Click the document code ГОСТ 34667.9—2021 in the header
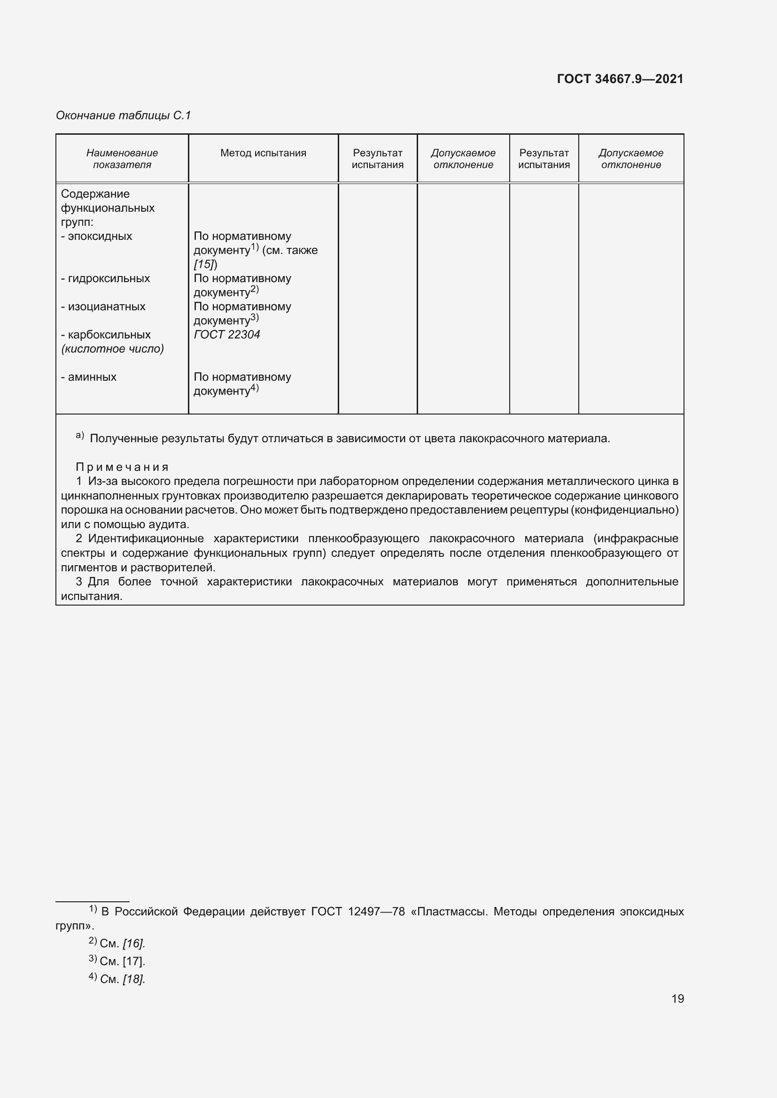point(620,79)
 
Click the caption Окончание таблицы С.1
point(124,115)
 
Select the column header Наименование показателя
point(122,159)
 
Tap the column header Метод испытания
point(263,153)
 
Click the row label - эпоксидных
point(97,236)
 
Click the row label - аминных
point(89,377)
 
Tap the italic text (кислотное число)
point(112,349)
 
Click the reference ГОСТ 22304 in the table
point(227,335)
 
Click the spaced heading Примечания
point(122,467)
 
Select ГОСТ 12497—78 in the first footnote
point(358,912)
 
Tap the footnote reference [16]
point(133,944)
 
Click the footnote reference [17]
point(133,961)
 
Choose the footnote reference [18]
point(133,979)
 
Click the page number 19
point(677,998)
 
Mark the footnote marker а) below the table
point(80,436)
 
